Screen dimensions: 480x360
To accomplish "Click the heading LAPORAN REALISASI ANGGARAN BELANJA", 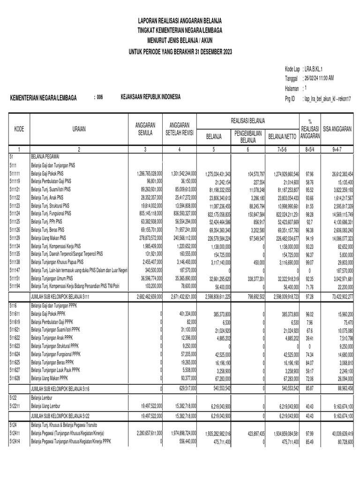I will coord(180,21).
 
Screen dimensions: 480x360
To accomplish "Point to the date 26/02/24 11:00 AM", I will coord(318,78).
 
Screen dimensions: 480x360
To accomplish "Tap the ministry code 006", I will coord(99,97).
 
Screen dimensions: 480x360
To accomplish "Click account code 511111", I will coord(15,174).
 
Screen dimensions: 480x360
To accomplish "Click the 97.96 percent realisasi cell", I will coord(307,174).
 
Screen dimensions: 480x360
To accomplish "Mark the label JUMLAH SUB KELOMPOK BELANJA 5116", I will coord(60,389).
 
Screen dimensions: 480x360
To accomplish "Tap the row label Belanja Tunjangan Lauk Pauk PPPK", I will coord(60,370).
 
